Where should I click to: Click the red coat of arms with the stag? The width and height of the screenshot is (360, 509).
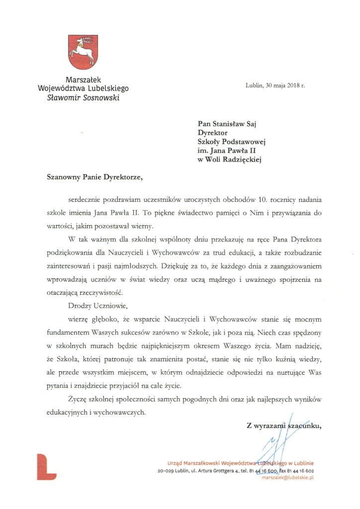83,52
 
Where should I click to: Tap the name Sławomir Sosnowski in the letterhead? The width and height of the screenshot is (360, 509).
83,97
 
